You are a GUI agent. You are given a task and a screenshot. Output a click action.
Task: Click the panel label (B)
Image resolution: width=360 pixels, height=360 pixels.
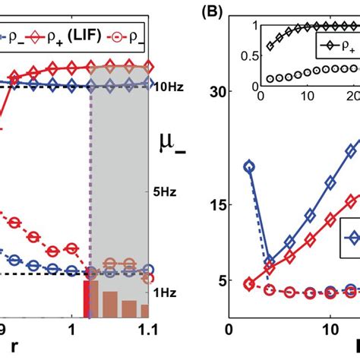point(208,14)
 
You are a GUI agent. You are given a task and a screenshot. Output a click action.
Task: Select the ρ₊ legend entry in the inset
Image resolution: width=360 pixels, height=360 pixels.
point(333,49)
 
